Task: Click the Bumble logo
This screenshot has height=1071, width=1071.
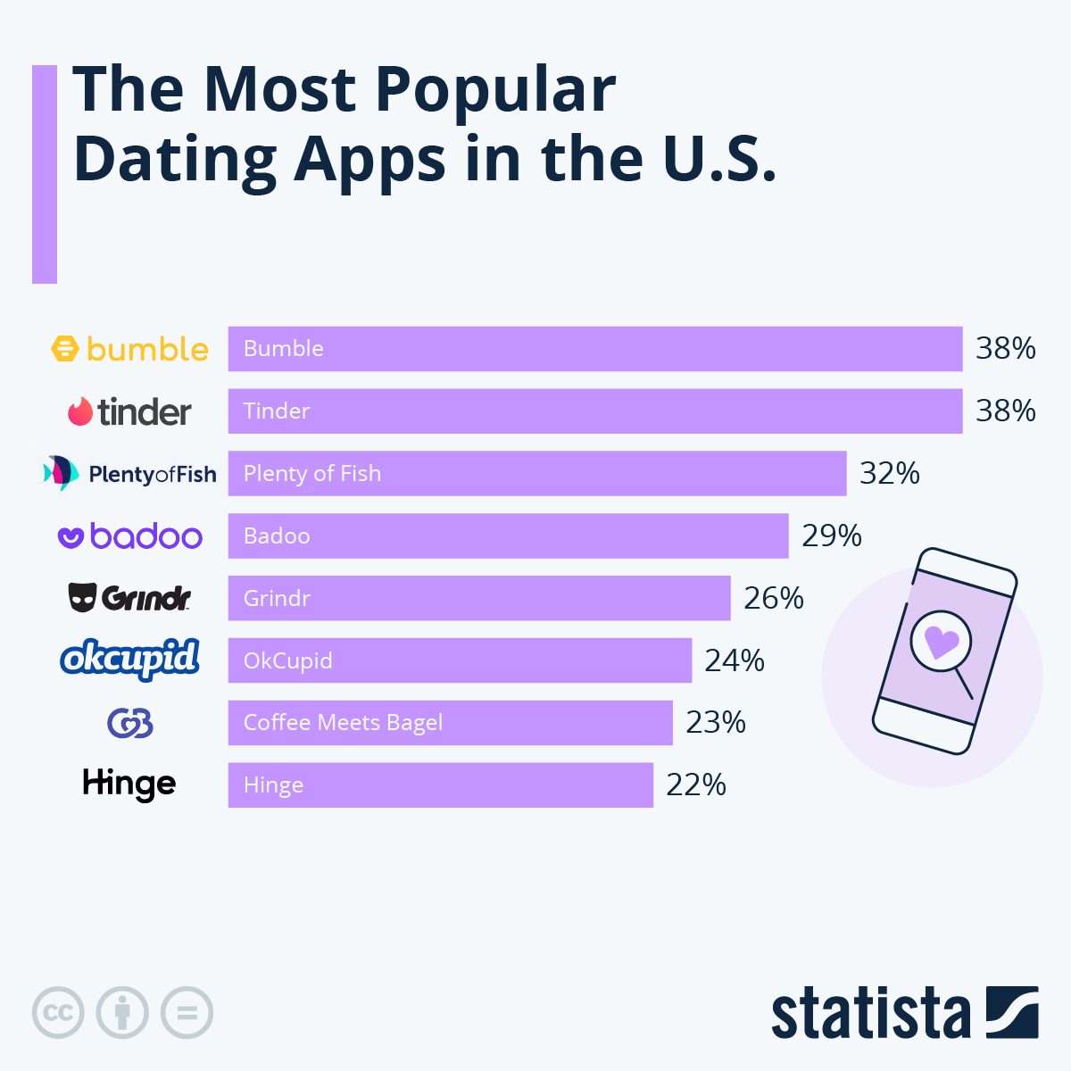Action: tap(130, 349)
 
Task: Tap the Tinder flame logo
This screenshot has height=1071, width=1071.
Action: tap(81, 411)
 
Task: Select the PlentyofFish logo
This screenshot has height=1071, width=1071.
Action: tap(130, 473)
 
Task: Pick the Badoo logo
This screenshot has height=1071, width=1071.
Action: tap(130, 536)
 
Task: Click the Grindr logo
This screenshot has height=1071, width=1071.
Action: tap(130, 598)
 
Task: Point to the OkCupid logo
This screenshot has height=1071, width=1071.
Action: tap(130, 660)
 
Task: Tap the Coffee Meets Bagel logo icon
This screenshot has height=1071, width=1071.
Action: tap(130, 723)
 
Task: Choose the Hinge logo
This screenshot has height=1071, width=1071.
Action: tap(129, 785)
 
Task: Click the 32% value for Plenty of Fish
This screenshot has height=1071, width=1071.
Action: tap(889, 473)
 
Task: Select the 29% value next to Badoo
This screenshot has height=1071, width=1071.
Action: tap(832, 535)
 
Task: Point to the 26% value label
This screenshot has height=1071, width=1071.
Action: tap(774, 598)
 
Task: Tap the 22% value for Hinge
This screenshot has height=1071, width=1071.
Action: tap(696, 785)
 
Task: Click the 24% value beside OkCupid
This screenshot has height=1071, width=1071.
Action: tap(735, 660)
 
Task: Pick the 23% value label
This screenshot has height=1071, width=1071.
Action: tap(716, 723)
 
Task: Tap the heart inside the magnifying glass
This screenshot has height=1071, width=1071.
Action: tap(941, 641)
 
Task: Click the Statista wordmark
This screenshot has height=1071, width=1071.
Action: tap(870, 1014)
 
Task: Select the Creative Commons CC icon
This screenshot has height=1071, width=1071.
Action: tap(58, 1013)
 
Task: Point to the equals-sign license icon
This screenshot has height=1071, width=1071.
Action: tap(187, 1013)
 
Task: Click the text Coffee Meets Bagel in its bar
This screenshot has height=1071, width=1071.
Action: tap(343, 723)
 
